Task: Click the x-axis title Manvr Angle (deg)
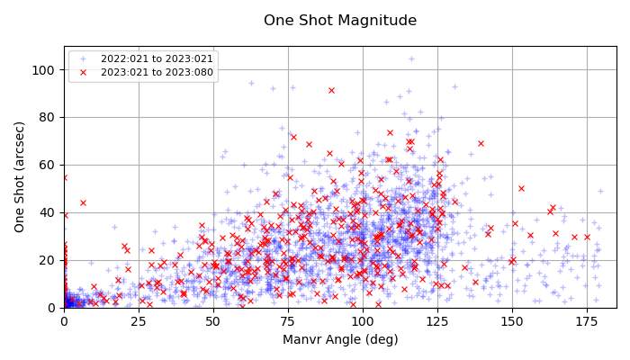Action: [x=339, y=339]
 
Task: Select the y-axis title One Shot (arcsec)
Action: [x=20, y=177]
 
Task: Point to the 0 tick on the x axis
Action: [x=63, y=320]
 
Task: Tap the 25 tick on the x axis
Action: [x=138, y=320]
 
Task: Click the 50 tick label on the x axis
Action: [x=212, y=320]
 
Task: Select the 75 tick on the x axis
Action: [x=287, y=320]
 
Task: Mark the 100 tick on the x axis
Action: [x=362, y=320]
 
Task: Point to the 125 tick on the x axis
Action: [x=436, y=320]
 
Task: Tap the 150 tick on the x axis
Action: [x=511, y=320]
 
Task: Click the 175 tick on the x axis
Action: [x=586, y=320]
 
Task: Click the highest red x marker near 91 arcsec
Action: [x=331, y=90]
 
